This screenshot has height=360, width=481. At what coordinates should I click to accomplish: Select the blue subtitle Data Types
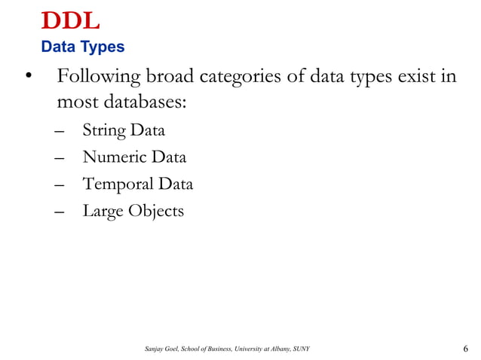click(83, 47)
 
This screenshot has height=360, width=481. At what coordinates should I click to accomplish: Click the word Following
click(99, 78)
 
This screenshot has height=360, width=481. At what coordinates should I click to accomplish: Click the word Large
click(102, 212)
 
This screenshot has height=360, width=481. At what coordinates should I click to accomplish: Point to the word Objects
click(155, 212)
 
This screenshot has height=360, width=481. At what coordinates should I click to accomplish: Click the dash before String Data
click(60, 133)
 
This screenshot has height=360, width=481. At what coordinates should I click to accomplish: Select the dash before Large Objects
click(60, 212)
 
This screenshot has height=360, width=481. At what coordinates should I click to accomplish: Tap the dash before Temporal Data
click(60, 185)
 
